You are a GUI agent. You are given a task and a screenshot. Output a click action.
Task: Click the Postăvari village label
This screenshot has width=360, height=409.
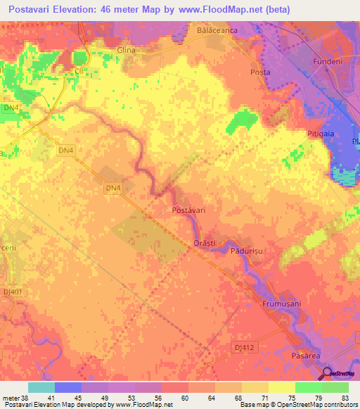188,210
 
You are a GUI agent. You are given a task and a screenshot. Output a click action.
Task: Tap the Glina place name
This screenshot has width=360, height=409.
126,51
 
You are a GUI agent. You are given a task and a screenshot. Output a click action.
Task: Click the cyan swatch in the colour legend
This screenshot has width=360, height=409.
41,387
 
